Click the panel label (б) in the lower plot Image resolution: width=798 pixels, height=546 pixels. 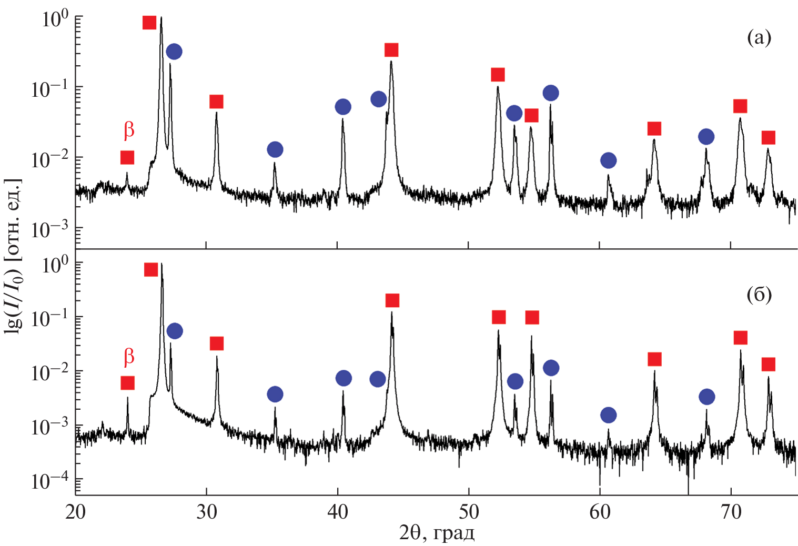[x=759, y=295]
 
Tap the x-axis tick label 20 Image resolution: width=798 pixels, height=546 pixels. [x=75, y=512]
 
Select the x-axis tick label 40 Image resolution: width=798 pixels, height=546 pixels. [x=337, y=512]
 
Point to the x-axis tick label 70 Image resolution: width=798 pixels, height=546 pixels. [x=731, y=512]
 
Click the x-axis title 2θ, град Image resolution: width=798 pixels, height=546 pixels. [x=437, y=533]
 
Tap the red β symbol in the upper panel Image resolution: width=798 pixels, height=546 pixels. [x=129, y=130]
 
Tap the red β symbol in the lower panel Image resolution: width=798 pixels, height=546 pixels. [x=129, y=357]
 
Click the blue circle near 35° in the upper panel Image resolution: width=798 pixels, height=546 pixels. [x=275, y=150]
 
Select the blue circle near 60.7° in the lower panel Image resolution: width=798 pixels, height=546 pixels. [x=608, y=416]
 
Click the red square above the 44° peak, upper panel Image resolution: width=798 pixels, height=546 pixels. [x=391, y=50]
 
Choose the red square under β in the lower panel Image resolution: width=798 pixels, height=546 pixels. [x=127, y=383]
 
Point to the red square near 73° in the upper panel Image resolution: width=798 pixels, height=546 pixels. [x=769, y=138]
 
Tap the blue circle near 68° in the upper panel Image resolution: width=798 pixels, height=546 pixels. [x=706, y=137]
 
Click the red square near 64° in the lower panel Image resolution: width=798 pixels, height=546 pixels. [x=654, y=359]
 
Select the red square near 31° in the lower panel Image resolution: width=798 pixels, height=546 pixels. [x=217, y=343]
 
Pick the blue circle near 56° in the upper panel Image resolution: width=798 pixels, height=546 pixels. [x=551, y=93]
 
